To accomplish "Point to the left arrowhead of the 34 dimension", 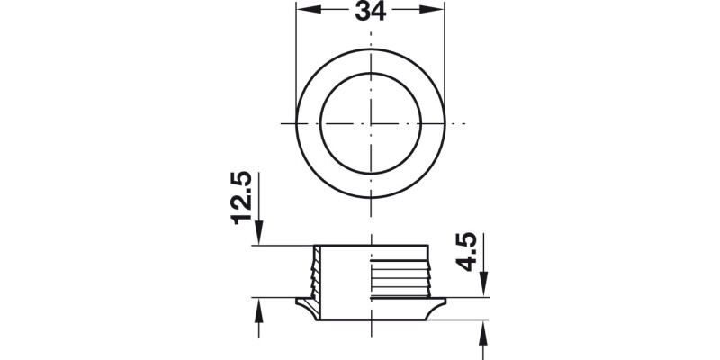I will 303,12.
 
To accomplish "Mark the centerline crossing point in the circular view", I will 370,121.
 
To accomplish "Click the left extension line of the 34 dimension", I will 296,54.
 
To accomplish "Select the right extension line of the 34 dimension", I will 445,54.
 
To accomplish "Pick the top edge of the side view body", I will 370,245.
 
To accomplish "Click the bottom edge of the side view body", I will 370,319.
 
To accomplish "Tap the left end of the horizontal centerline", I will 281,121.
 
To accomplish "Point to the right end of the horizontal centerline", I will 463,121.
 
